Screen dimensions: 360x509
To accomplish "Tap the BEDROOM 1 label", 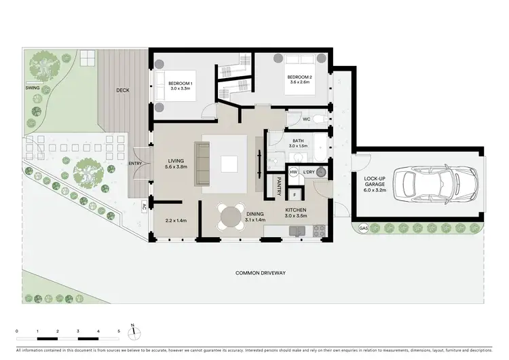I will pyautogui.click(x=181, y=84).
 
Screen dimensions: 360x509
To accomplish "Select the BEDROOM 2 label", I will pyautogui.click(x=299, y=77).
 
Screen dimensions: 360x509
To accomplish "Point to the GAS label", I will pyautogui.click(x=364, y=227).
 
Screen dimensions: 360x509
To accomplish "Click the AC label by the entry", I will pyautogui.click(x=144, y=206).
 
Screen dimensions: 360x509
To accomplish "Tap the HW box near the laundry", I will pyautogui.click(x=294, y=172).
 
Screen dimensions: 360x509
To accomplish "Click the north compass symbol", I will pyautogui.click(x=134, y=332).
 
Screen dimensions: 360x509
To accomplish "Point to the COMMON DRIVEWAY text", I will pyautogui.click(x=260, y=272).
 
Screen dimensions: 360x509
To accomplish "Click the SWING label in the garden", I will pyautogui.click(x=32, y=88).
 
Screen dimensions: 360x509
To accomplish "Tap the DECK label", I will pyautogui.click(x=123, y=90).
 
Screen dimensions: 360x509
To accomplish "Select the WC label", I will pyautogui.click(x=306, y=119).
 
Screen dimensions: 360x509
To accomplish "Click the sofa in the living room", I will pyautogui.click(x=202, y=164).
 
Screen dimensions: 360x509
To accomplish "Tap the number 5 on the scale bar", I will pyautogui.click(x=119, y=331).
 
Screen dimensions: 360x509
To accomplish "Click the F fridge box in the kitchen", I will pyautogui.click(x=295, y=196).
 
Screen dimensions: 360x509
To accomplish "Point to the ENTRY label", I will pyautogui.click(x=135, y=164).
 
